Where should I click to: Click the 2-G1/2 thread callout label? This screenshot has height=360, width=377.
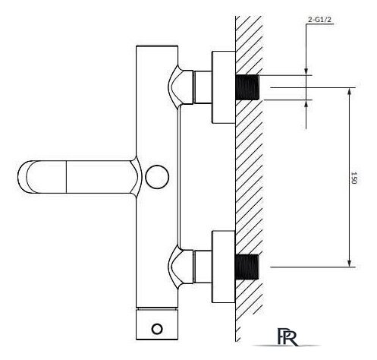319,20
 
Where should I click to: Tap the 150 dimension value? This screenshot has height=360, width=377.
353,178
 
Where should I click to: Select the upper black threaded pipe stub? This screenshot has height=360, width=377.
247,87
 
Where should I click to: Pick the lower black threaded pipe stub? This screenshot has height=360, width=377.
247,267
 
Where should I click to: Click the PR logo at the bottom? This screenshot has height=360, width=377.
287,336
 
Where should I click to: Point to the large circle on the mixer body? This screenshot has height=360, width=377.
157,177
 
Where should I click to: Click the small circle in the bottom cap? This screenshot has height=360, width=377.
157,329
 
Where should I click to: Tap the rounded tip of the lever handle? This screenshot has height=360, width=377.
22,177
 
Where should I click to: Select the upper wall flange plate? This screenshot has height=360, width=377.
224,87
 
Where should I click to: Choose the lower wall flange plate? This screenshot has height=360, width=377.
224,267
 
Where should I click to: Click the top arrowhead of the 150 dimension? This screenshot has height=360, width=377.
350,92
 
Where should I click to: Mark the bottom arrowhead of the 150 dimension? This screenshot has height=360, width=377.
350,263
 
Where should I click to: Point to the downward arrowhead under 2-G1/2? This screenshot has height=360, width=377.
306,71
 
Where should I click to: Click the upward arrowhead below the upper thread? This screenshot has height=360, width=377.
306,104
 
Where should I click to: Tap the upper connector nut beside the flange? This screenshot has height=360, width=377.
203,87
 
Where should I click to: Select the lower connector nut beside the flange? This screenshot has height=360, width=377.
203,267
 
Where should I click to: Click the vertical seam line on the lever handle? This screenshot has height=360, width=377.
66,177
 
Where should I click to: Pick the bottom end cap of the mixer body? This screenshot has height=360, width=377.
157,324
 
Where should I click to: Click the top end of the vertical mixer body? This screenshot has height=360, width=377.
157,46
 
